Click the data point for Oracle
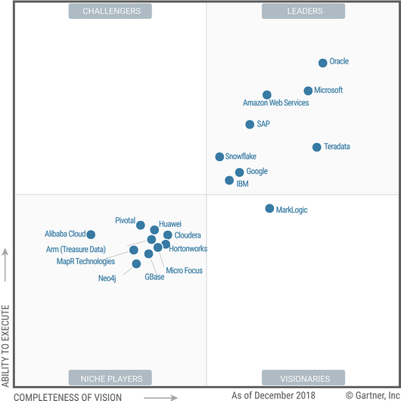pos(323,63)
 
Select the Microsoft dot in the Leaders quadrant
pos(308,91)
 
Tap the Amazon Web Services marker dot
pos(267,95)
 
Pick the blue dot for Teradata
pos(316,147)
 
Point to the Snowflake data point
pos(219,157)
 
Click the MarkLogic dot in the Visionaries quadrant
pos(269,208)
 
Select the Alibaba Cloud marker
pos(91,235)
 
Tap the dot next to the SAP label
pos(250,124)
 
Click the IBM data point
pos(229,180)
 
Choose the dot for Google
pos(239,172)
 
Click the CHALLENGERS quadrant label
pos(110,11)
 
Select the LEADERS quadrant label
pos(303,11)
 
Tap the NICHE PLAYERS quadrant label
pos(110,378)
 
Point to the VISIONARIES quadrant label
pos(303,378)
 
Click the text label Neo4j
pos(107,278)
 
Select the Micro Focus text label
pos(184,270)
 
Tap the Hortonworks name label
pos(188,249)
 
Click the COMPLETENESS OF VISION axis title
pos(68,397)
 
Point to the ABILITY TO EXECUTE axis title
pos(5,346)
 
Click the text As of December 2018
pos(273,396)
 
